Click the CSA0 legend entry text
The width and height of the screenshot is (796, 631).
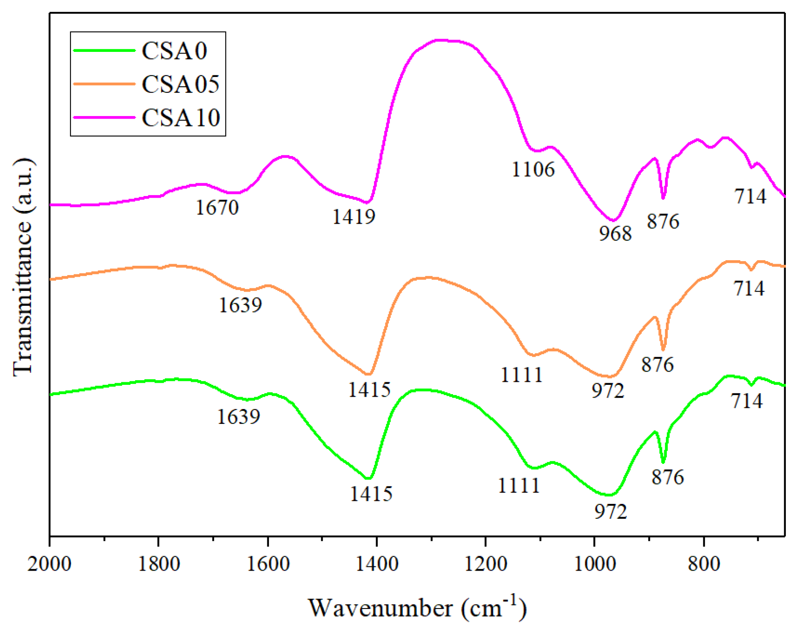tap(174, 51)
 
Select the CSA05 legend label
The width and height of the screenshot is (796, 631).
tap(181, 84)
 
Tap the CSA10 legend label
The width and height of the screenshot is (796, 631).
tap(181, 118)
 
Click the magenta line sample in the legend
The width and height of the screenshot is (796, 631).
tap(104, 117)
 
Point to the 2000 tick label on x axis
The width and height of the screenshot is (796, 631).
tap(49, 564)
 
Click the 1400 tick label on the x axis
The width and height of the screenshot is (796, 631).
tap(377, 564)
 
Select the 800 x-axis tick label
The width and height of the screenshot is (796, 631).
tap(704, 564)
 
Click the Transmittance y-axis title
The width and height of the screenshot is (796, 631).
tap(22, 267)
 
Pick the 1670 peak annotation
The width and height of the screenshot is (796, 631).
tap(217, 207)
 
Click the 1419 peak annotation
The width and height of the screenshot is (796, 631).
tap(354, 217)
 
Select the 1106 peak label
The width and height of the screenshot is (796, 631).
tap(533, 169)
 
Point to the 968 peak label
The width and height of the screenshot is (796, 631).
tap(615, 233)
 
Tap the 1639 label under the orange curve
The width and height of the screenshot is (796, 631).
tap(241, 305)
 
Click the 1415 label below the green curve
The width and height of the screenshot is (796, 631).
tap(371, 494)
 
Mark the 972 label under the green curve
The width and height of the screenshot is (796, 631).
tap(611, 512)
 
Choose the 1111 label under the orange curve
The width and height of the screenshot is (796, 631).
tap(521, 375)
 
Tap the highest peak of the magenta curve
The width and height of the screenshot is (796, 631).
tap(442, 40)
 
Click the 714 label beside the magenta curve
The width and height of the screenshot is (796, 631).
tap(750, 196)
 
